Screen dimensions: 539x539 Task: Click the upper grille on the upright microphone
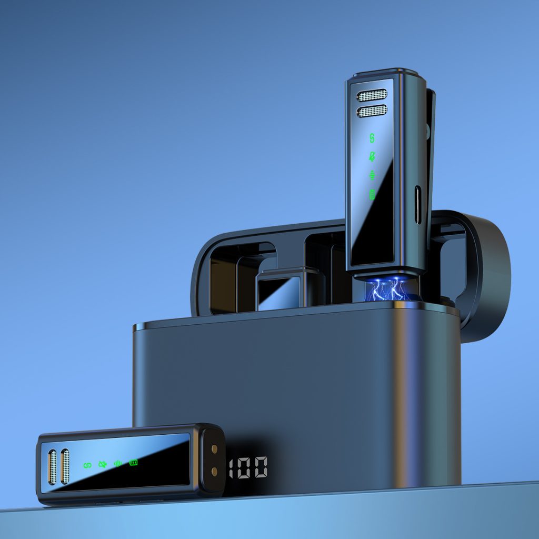[x=372, y=95]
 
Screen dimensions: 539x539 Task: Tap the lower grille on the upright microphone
[x=372, y=111]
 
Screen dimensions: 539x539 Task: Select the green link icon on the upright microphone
[x=372, y=138]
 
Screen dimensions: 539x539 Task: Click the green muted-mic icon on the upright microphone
[x=372, y=156]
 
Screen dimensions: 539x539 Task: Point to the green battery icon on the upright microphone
[x=372, y=195]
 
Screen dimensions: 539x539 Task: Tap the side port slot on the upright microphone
[x=417, y=205]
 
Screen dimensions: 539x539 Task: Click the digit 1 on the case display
[x=231, y=468]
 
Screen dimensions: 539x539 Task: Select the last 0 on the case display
[x=261, y=467]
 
